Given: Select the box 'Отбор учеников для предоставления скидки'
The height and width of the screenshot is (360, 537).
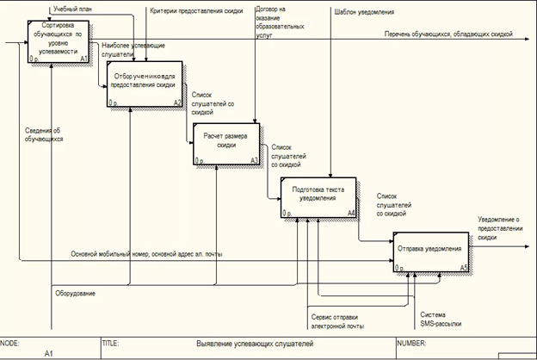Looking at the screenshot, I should pyautogui.click(x=145, y=84).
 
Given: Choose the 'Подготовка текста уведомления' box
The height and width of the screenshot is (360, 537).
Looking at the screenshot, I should pyautogui.click(x=318, y=196).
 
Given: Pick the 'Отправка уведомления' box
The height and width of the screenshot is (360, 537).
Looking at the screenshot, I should pyautogui.click(x=429, y=251).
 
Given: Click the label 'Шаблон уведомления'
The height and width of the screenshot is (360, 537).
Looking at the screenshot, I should pyautogui.click(x=361, y=11).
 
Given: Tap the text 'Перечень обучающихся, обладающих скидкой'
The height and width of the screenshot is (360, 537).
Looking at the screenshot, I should pyautogui.click(x=449, y=34).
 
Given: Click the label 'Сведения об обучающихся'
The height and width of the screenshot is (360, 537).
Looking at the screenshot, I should pyautogui.click(x=43, y=133).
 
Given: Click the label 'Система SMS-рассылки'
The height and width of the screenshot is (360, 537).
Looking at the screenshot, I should pyautogui.click(x=440, y=320).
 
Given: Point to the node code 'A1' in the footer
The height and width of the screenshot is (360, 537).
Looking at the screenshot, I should pyautogui.click(x=49, y=353).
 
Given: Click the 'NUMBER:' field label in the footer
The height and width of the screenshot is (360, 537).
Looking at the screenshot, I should pyautogui.click(x=411, y=343).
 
